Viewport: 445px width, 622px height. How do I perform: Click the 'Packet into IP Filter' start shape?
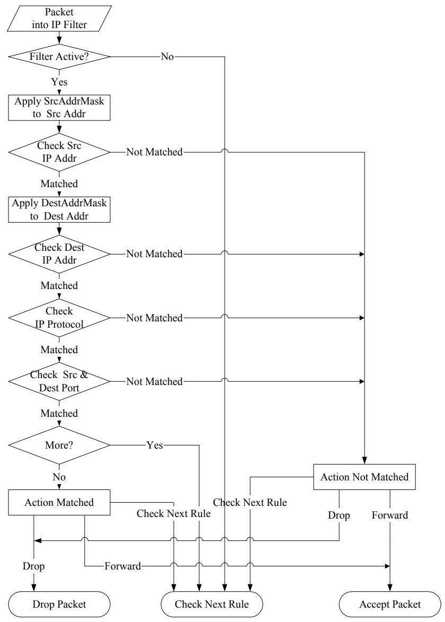click(x=59, y=18)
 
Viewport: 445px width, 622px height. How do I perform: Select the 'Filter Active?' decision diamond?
click(x=59, y=57)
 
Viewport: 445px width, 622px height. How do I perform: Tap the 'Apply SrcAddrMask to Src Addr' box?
click(x=59, y=108)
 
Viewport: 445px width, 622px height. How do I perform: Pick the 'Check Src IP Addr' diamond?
click(x=59, y=152)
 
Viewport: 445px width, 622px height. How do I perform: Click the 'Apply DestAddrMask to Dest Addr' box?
click(x=59, y=209)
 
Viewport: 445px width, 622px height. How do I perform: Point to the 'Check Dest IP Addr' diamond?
click(x=59, y=254)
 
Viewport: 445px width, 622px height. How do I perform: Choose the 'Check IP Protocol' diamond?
click(x=59, y=318)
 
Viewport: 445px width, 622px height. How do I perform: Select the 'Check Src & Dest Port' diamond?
click(x=59, y=381)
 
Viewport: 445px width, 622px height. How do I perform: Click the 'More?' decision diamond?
click(x=59, y=445)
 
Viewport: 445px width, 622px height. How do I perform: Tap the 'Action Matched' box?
click(x=59, y=502)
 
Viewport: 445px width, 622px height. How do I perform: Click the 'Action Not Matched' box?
click(x=364, y=477)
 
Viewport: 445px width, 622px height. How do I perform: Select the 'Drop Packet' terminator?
click(x=59, y=604)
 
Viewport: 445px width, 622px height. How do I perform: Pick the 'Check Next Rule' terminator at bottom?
click(x=212, y=604)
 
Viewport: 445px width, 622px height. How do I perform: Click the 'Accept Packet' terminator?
click(x=390, y=604)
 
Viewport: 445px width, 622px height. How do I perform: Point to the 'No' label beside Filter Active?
click(x=167, y=57)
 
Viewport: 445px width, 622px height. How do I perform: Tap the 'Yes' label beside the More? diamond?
click(x=155, y=445)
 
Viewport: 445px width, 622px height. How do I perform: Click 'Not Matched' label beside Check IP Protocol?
click(x=155, y=318)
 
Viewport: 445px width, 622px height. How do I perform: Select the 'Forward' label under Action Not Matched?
click(x=390, y=515)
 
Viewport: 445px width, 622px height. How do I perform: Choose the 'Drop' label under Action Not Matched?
click(x=339, y=515)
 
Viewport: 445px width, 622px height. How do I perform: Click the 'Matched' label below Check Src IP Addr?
click(x=59, y=183)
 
